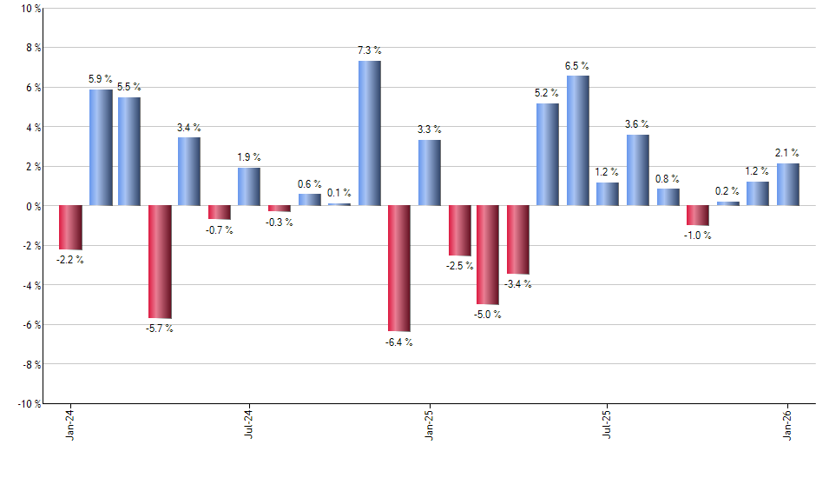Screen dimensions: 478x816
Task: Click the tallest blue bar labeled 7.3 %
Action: tap(369, 133)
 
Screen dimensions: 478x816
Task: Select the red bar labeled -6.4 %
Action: tap(399, 269)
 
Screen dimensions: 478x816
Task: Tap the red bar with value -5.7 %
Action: tap(160, 262)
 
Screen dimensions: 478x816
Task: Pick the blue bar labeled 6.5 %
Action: tap(578, 141)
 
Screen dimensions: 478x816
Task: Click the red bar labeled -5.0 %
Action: tap(488, 255)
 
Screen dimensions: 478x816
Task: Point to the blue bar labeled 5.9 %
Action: tap(101, 147)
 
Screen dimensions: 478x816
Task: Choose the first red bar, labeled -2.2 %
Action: tap(70, 228)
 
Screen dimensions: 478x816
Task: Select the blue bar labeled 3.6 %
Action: tap(638, 170)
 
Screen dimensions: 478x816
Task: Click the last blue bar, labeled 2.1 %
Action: tap(787, 184)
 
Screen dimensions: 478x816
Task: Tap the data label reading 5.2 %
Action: tap(548, 92)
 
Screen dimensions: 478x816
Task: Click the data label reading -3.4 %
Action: tap(518, 284)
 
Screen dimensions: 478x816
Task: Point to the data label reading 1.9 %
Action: tap(249, 157)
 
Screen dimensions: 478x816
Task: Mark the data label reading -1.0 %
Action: tap(697, 236)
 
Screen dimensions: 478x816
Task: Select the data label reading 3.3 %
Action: tap(429, 129)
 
